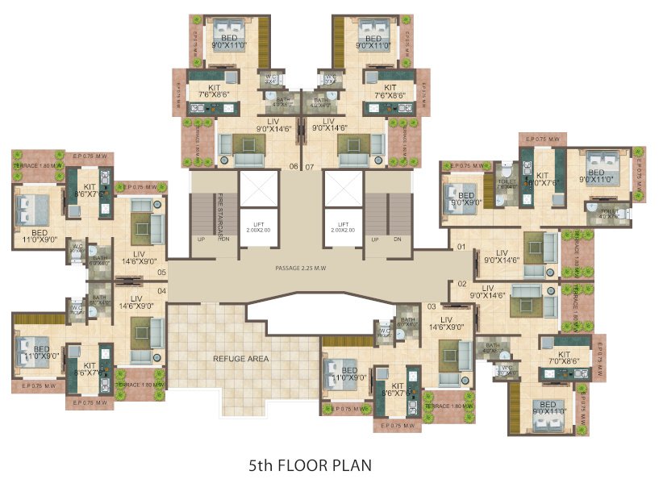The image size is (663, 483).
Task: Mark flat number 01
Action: (x=462, y=246)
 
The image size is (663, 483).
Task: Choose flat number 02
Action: (x=462, y=283)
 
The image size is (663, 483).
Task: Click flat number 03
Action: (x=432, y=306)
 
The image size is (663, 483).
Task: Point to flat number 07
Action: (x=309, y=168)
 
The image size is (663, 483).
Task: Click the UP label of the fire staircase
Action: (x=201, y=239)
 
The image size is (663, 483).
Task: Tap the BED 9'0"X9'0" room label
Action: (x=466, y=199)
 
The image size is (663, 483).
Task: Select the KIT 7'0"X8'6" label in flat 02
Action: (x=564, y=358)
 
